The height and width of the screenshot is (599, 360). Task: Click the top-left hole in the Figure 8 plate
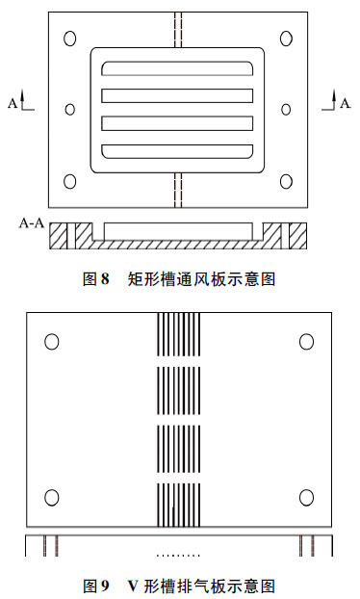[x=69, y=39]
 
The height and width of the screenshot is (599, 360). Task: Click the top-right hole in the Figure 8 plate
[x=286, y=39]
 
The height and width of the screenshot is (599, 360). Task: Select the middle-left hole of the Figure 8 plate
[x=69, y=110]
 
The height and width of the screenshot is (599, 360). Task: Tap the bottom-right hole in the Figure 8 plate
[x=286, y=181]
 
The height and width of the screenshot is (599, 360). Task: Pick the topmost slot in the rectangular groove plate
[x=177, y=68]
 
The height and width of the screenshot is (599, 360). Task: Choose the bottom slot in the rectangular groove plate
[x=177, y=151]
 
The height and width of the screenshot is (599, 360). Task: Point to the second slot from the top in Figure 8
[x=177, y=96]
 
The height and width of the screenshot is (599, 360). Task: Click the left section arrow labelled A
[x=21, y=101]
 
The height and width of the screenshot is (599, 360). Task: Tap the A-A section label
[x=31, y=223]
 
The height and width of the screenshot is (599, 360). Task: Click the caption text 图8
[x=96, y=279]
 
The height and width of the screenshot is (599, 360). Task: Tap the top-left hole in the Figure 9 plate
[x=52, y=342]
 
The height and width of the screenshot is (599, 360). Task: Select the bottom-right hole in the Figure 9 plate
[x=306, y=497]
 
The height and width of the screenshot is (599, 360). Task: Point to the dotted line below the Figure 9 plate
[x=178, y=556]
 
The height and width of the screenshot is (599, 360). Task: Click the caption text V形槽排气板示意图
[x=201, y=585]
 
